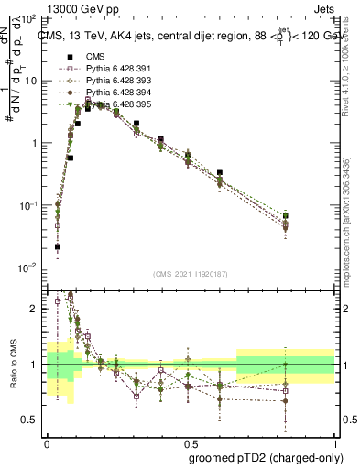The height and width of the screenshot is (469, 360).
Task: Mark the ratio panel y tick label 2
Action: pos(34,309)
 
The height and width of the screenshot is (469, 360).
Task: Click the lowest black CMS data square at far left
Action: pos(58,246)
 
